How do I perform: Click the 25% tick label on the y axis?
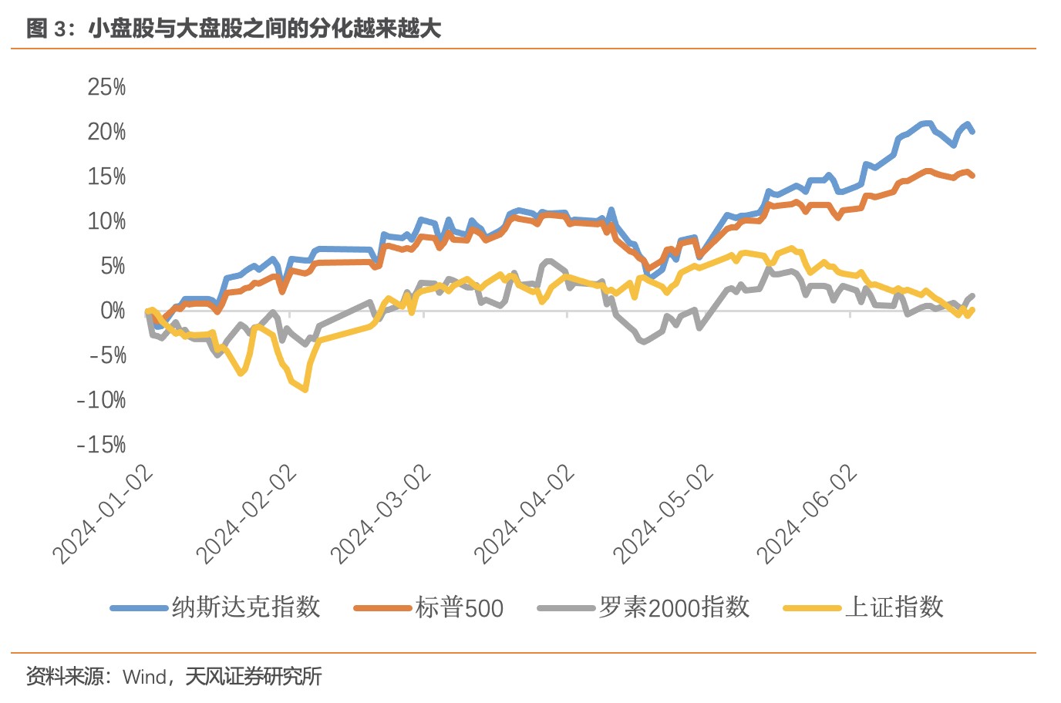(106, 87)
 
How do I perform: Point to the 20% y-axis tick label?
(106, 132)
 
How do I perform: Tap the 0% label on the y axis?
(113, 311)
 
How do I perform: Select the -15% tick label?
(101, 445)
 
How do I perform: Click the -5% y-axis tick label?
(107, 355)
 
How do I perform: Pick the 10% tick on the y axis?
(106, 221)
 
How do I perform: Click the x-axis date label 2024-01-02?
(103, 514)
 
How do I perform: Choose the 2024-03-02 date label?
(381, 514)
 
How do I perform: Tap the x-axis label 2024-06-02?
(807, 514)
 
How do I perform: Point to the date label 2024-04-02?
(525, 514)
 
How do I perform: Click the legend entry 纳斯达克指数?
(245, 607)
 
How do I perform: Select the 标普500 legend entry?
(459, 608)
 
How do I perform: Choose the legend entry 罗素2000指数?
(674, 607)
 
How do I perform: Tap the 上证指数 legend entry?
(894, 607)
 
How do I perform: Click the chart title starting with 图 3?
(234, 29)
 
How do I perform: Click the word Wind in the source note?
(145, 677)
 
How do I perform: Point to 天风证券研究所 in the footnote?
(253, 677)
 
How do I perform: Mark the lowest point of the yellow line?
(305, 389)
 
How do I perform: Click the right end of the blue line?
(973, 132)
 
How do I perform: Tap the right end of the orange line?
(973, 176)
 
